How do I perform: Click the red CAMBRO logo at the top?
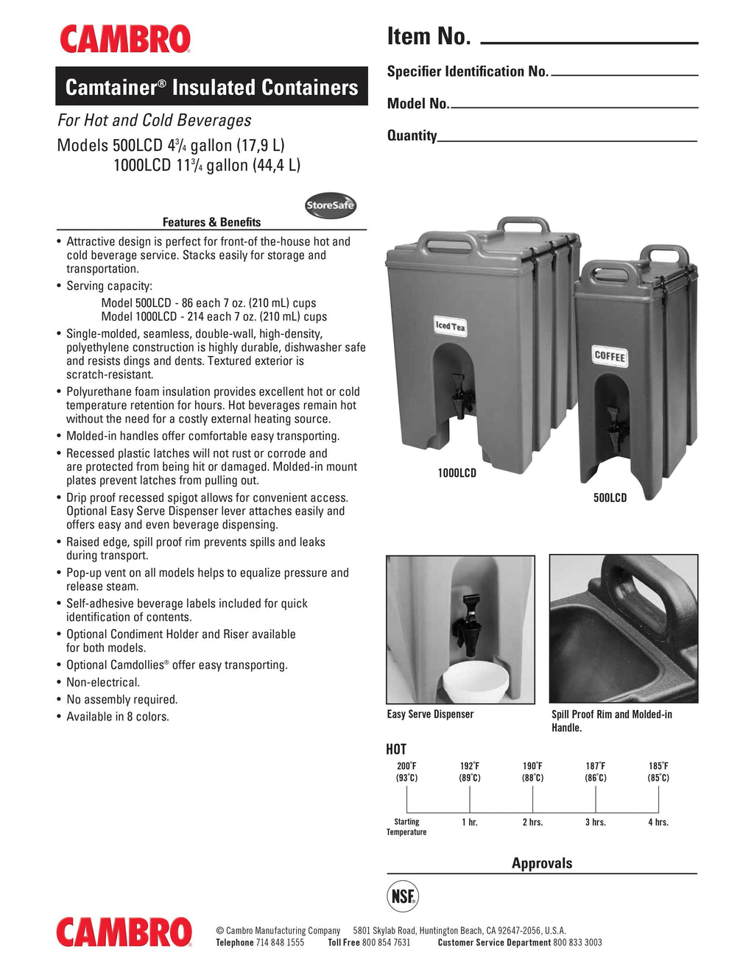click(x=124, y=39)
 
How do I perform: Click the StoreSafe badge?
click(x=331, y=205)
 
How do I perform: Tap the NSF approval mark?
click(x=403, y=896)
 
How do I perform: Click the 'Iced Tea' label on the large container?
click(x=450, y=326)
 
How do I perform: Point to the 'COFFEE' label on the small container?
click(x=610, y=356)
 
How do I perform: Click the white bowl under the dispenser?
click(x=475, y=681)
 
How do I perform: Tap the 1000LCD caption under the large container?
click(x=457, y=473)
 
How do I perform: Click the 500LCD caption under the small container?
click(x=610, y=498)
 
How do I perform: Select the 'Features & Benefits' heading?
click(x=211, y=222)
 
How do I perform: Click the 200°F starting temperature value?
click(x=406, y=766)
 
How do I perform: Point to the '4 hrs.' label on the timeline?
click(x=658, y=822)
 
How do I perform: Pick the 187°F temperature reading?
click(x=596, y=766)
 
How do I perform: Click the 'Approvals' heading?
click(x=542, y=863)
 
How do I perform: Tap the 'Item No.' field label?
click(x=429, y=36)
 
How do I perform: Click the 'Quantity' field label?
click(x=412, y=135)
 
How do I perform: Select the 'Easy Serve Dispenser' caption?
click(x=430, y=714)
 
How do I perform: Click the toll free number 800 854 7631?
click(x=386, y=943)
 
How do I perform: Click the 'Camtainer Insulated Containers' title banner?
click(x=211, y=87)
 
